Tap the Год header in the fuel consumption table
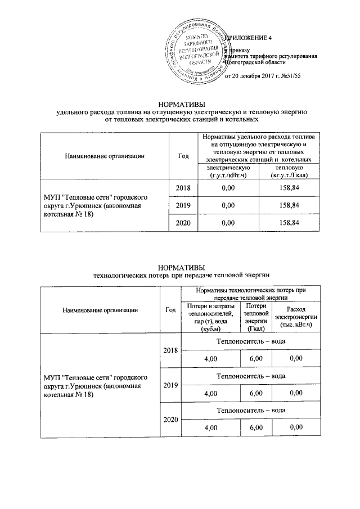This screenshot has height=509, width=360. tap(183, 156)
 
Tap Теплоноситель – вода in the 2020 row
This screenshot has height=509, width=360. tap(251, 410)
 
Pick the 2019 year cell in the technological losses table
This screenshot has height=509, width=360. tap(170, 385)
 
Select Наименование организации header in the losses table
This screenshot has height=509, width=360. tap(100, 309)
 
